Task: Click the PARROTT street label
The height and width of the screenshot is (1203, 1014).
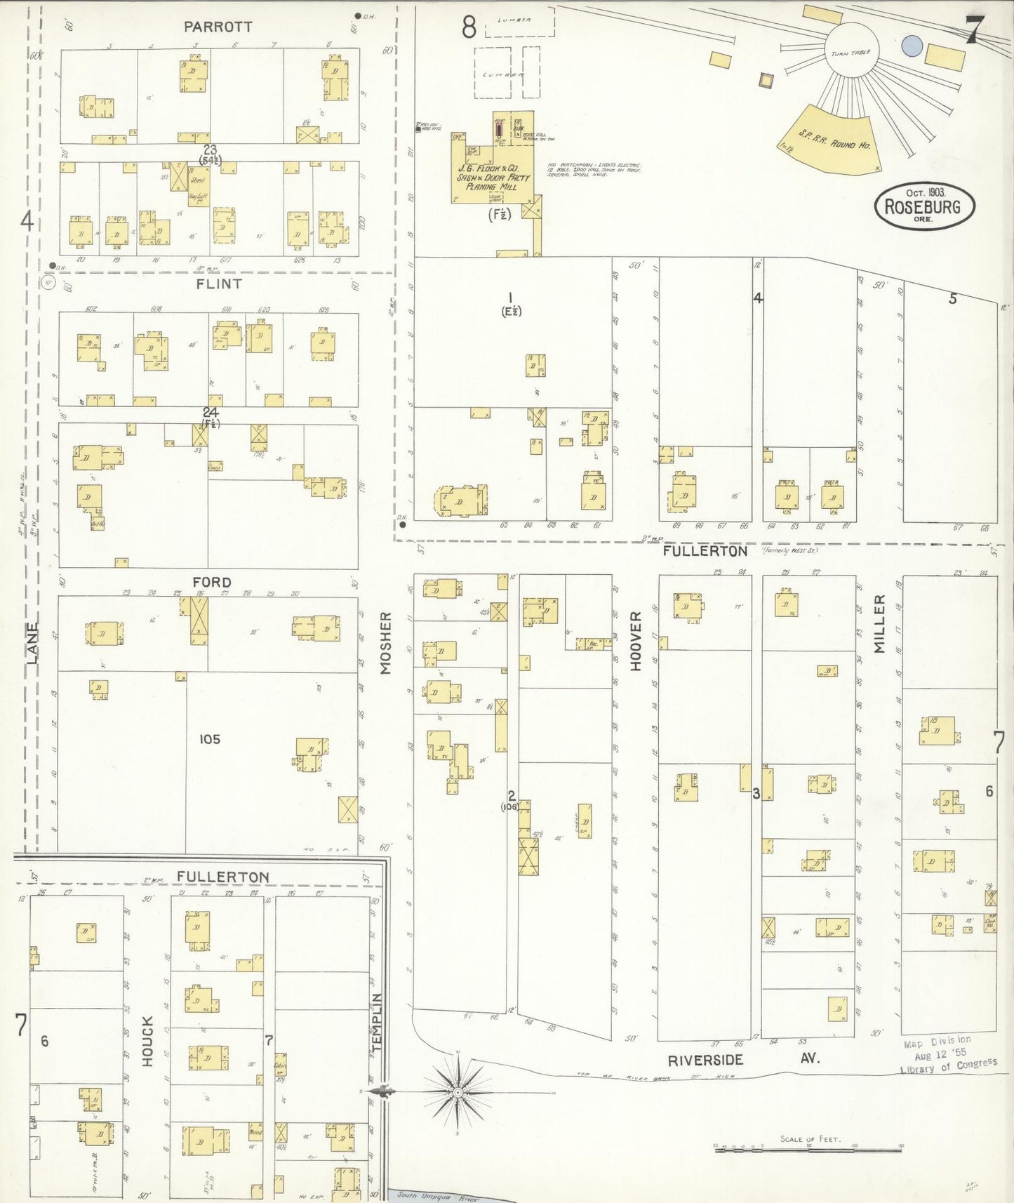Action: [218, 27]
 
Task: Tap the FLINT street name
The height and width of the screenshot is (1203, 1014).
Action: [219, 284]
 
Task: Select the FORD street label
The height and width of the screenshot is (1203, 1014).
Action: [212, 583]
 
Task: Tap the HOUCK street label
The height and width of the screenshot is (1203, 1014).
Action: [147, 1041]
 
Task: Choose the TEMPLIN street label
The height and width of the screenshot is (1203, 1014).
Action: [377, 1022]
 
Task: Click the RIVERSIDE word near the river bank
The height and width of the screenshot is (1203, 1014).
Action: [705, 1061]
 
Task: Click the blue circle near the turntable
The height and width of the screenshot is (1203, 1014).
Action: [911, 46]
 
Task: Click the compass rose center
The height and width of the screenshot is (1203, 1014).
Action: [458, 1093]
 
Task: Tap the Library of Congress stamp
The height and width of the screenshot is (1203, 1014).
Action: [947, 1056]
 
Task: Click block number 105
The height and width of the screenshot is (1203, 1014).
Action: [209, 739]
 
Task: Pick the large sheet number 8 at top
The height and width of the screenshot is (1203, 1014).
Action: [469, 27]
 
